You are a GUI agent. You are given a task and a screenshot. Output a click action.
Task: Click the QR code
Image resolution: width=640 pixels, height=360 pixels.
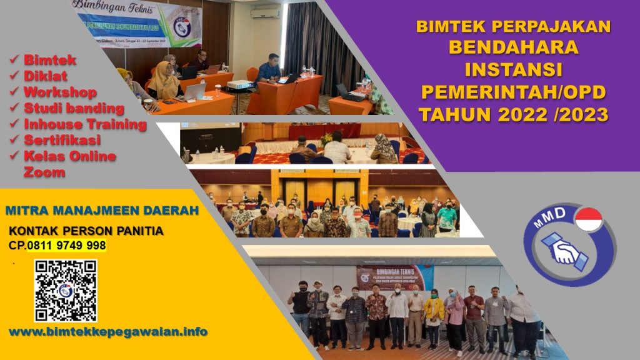66,290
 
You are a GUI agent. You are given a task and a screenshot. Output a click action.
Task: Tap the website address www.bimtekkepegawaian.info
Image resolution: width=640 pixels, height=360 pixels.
108,331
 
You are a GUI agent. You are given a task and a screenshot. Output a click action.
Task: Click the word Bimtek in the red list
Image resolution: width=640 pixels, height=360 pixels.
50,60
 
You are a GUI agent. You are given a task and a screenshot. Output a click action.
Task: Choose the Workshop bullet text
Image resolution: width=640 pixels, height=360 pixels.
60,92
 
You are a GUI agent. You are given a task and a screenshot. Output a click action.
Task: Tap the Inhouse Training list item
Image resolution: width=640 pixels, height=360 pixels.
85,124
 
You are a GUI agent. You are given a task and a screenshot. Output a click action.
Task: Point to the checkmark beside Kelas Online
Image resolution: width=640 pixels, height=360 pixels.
14,156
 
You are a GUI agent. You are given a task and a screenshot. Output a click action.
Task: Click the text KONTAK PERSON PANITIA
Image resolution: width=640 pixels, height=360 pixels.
86,231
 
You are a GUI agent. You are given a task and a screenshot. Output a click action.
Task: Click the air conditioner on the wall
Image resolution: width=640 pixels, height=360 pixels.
266,12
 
